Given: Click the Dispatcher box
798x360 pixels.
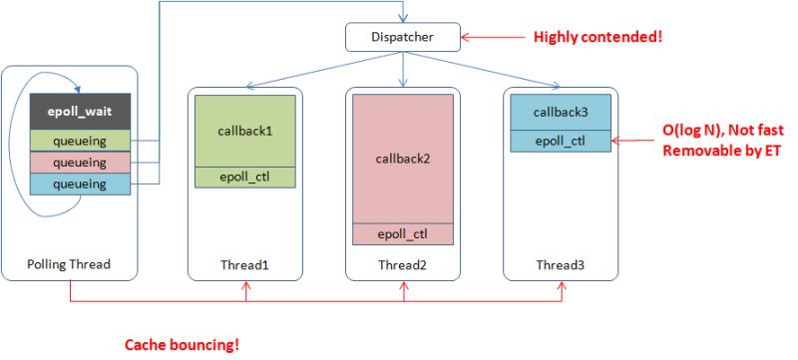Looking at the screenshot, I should click(403, 38).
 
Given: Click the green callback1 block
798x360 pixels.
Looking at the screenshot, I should click(244, 131).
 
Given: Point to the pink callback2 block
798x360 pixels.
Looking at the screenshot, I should click(402, 160).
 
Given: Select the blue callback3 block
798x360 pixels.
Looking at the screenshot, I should click(560, 112).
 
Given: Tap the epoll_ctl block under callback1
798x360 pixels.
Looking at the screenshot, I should click(244, 178).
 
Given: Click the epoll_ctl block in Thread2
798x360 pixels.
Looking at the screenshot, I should click(402, 234).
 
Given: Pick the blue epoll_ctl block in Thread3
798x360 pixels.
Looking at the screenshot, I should click(560, 141).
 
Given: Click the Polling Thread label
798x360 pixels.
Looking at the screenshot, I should click(70, 265).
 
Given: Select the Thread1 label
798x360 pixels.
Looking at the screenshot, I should click(244, 265).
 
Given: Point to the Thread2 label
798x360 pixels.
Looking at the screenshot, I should click(402, 265).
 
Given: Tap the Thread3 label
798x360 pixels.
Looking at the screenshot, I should click(560, 265).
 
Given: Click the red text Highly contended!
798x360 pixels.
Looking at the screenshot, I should click(598, 38).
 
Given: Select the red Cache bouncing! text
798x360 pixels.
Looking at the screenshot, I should click(182, 345).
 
